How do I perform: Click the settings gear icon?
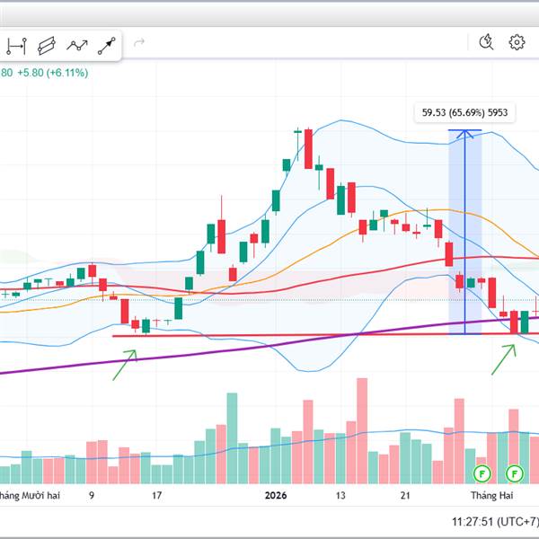pos(517,42)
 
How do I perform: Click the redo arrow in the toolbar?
pos(139,42)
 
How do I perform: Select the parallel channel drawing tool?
pos(49,43)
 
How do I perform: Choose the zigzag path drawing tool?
pos(78,43)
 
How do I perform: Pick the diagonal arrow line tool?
pos(107,43)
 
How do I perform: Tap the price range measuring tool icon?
pos(18,43)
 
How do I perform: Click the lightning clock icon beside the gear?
pos(487,42)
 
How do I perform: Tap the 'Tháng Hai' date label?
pos(492,495)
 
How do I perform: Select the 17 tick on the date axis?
pos(156,495)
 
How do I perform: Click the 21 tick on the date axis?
pos(406,495)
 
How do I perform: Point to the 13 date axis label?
pos(340,495)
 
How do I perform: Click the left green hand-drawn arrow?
pos(124,365)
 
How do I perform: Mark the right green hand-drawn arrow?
pos(504,358)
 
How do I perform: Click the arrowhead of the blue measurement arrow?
pos(464,135)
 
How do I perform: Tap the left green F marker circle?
pos(482,473)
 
